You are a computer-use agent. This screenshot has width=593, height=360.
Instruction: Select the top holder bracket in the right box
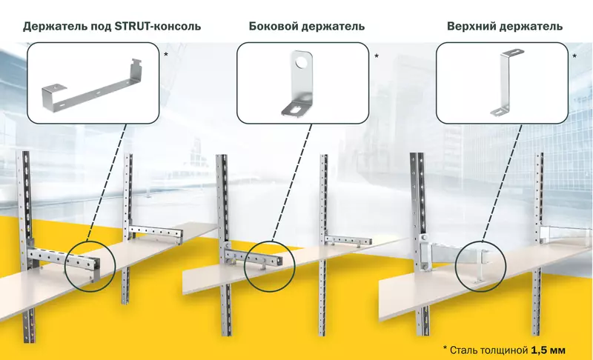point(506,81)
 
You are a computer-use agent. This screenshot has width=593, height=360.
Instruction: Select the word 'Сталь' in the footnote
point(464,348)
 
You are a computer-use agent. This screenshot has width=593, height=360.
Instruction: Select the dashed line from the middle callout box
point(288,181)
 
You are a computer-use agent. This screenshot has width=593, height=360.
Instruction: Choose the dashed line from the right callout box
point(492,181)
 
